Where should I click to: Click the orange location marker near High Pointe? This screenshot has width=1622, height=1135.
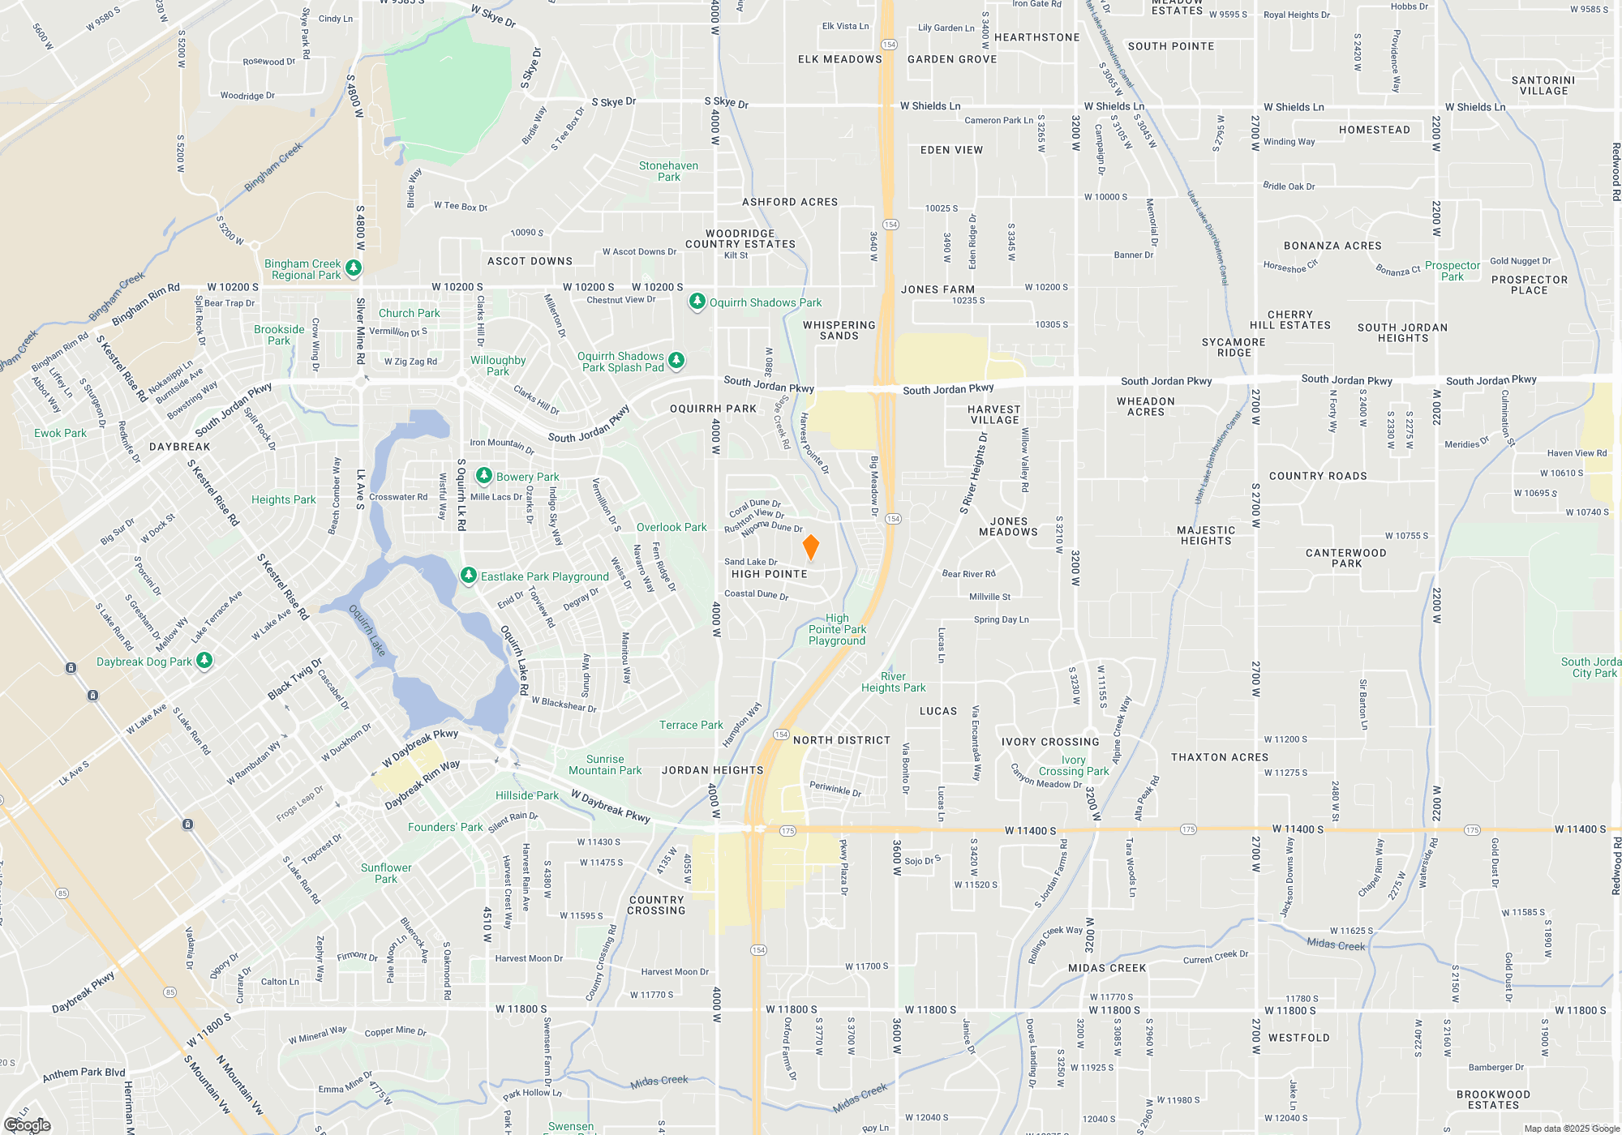click(810, 547)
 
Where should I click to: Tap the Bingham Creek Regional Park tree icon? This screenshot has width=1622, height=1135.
click(353, 267)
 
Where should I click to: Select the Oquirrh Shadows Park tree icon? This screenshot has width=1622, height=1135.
click(697, 302)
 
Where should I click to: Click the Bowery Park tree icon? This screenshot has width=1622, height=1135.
click(484, 475)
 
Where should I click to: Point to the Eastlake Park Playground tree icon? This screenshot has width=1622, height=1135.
click(468, 576)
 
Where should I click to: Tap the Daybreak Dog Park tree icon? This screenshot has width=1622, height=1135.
click(204, 661)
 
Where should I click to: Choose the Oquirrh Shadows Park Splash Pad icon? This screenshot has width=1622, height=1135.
click(676, 360)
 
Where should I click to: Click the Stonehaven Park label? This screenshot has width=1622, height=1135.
click(668, 171)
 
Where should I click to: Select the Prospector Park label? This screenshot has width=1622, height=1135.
click(1452, 271)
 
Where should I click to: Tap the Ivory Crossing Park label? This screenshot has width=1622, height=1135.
click(1073, 766)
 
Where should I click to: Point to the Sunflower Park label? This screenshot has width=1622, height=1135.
click(386, 873)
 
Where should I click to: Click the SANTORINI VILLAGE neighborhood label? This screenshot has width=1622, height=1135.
click(1543, 86)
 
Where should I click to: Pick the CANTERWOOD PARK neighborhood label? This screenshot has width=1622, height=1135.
click(1345, 558)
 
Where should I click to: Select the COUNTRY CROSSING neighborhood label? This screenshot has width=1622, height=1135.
click(656, 906)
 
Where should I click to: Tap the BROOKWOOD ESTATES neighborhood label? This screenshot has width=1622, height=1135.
click(1493, 1100)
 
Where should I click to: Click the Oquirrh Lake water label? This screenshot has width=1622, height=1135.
click(367, 630)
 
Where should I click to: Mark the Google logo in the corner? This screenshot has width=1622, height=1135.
click(28, 1125)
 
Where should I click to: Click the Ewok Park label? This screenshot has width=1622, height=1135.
click(60, 434)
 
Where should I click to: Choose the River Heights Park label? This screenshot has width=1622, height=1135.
click(893, 682)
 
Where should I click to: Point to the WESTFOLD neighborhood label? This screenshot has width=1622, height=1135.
click(1298, 1038)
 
